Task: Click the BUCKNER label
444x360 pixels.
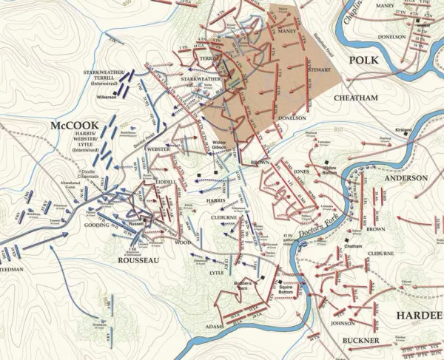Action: pos(361,339)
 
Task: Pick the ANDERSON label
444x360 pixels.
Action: pos(405,178)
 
